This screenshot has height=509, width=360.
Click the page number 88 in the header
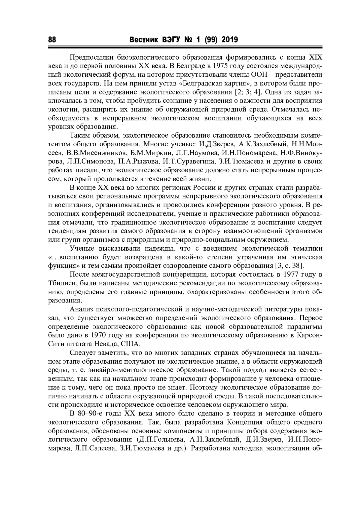click(52, 40)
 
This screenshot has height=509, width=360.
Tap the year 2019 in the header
click(229, 40)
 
